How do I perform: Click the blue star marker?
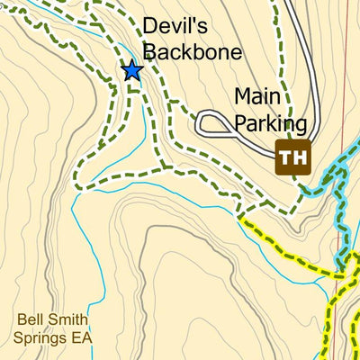pyautogui.click(x=132, y=69)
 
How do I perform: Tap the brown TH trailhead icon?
pyautogui.click(x=292, y=158)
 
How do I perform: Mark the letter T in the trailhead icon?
pyautogui.click(x=286, y=158)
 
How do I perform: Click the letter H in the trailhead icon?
pyautogui.click(x=299, y=158)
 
